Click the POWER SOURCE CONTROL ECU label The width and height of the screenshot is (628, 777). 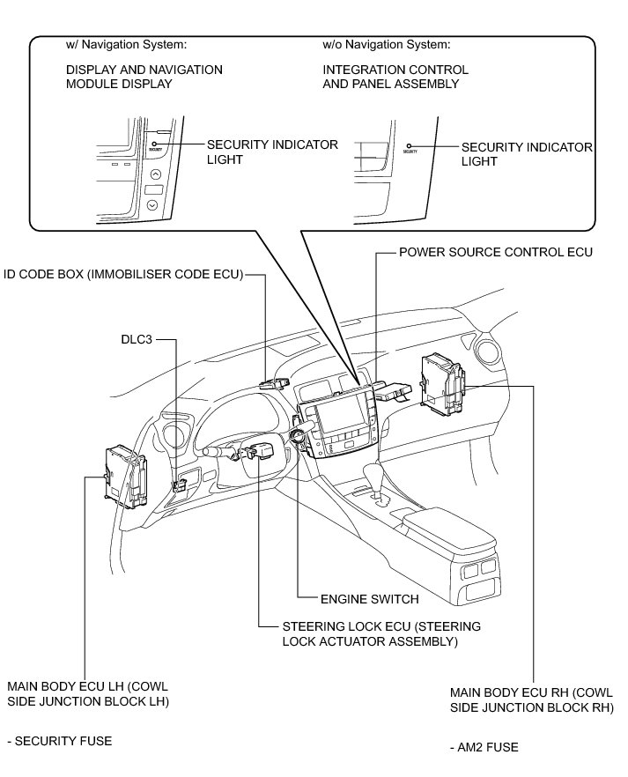(496, 252)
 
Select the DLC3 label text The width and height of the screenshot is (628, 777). (137, 338)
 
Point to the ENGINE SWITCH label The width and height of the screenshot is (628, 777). (369, 599)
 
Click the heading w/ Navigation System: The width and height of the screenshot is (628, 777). (127, 43)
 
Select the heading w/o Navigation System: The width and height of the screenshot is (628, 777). (388, 43)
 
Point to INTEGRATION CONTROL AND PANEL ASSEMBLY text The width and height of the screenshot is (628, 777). (395, 77)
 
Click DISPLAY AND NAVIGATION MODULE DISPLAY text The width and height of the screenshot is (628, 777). (144, 77)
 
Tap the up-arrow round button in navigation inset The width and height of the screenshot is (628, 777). (155, 174)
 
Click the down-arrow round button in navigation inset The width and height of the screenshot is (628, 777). (153, 204)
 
